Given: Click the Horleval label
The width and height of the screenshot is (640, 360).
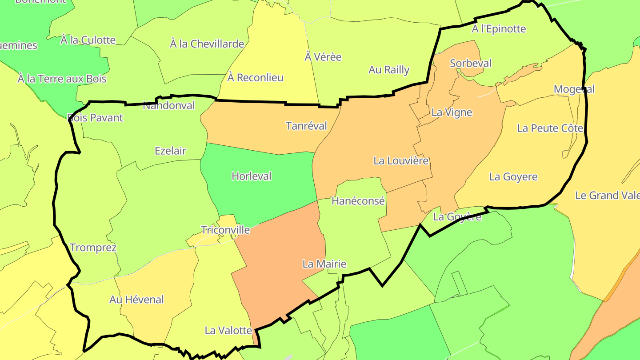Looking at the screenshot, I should (252, 176).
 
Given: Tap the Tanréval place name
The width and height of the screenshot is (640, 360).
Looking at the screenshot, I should (306, 126).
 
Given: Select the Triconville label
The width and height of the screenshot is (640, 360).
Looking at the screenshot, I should (225, 230).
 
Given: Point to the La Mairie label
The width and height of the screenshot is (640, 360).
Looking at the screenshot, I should (324, 264).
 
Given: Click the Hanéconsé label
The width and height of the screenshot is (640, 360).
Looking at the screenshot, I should (358, 201).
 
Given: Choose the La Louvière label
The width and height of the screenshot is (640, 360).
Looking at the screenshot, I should (401, 161).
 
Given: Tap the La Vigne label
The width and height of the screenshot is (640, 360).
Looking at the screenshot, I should (452, 112).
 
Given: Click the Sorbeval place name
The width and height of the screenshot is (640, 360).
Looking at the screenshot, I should (471, 64).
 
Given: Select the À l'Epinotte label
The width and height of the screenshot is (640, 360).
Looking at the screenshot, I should (499, 29).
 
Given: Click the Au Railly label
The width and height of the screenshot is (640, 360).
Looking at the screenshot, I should (389, 70).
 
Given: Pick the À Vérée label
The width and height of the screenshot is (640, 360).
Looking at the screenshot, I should (323, 57).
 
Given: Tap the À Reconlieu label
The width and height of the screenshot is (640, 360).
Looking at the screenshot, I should (255, 78).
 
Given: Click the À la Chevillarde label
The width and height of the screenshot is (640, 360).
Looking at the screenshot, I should (207, 44).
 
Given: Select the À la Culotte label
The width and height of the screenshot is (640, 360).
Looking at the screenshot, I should (88, 40).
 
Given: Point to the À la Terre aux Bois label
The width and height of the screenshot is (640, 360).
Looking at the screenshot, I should (62, 79).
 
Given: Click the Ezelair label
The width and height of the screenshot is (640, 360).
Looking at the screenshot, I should (170, 151).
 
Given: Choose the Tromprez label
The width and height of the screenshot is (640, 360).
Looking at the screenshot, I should (93, 248).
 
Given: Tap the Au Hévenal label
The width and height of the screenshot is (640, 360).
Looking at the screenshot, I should (136, 300).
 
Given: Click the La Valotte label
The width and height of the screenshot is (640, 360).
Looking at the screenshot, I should (228, 331).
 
